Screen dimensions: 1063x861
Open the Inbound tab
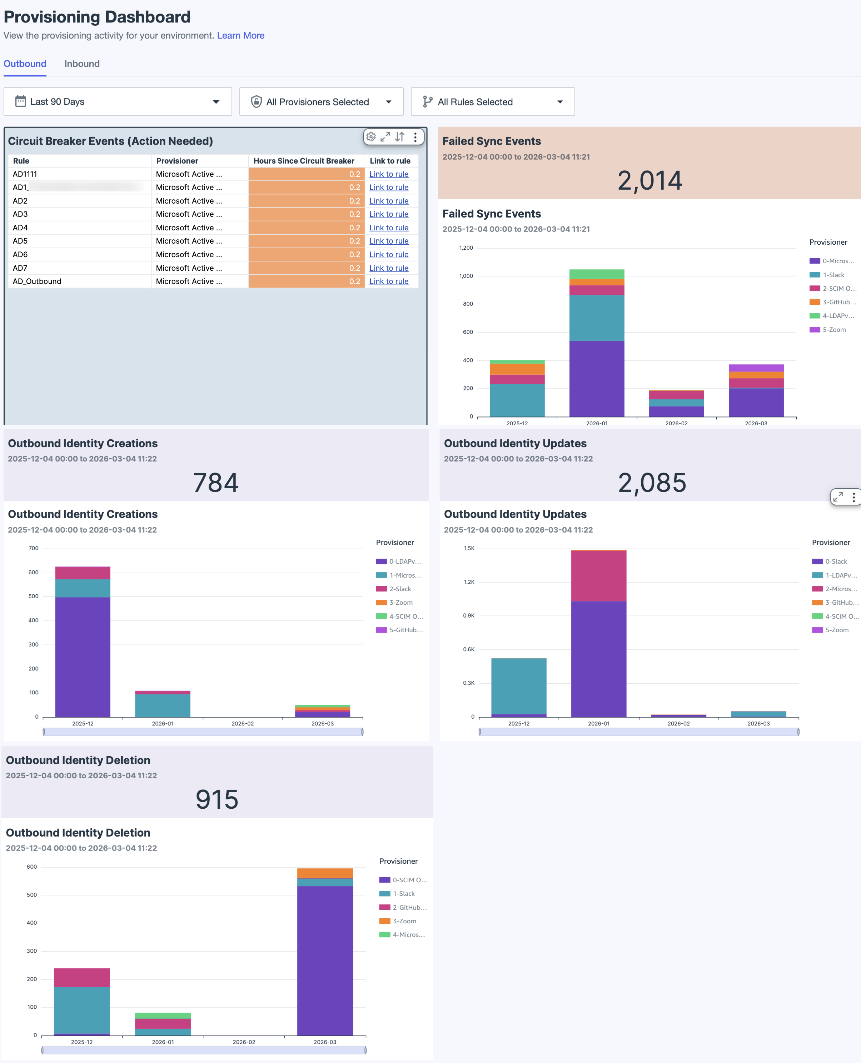[82, 64]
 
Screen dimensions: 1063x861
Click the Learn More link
[240, 35]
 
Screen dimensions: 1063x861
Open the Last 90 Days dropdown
[118, 102]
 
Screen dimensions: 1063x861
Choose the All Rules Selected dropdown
[493, 102]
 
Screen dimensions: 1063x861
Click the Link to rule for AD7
[388, 268]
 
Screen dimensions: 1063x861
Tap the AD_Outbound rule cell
[37, 281]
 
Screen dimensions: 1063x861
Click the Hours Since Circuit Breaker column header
[304, 161]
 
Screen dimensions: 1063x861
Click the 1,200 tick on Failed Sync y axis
[466, 248]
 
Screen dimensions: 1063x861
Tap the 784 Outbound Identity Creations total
[216, 483]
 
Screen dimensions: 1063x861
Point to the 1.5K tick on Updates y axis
[469, 548]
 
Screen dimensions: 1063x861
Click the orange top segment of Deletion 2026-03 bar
[325, 873]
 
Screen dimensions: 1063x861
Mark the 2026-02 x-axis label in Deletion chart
[244, 1042]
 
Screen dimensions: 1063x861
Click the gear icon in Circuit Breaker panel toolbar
[371, 137]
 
